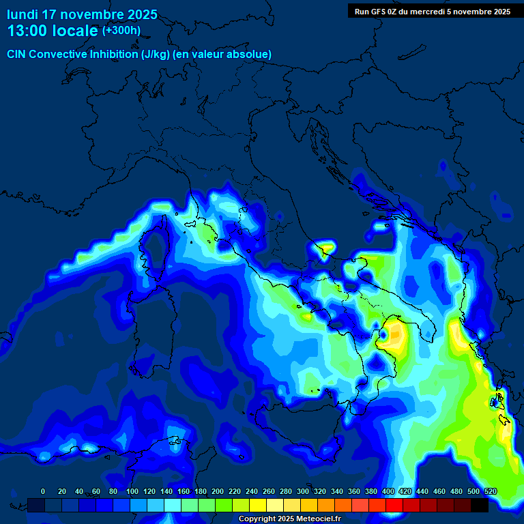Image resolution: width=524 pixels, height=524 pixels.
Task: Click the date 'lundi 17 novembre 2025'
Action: pyautogui.click(x=82, y=14)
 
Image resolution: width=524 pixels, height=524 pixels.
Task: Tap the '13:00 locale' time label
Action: pyautogui.click(x=52, y=31)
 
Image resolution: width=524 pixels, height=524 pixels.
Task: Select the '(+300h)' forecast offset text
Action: pyautogui.click(x=121, y=30)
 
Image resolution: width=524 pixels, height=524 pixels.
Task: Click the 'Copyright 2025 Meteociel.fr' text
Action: pyautogui.click(x=289, y=519)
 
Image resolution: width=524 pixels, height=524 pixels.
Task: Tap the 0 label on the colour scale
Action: pyautogui.click(x=43, y=491)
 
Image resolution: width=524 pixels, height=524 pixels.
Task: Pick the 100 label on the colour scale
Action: pyautogui.click(x=132, y=491)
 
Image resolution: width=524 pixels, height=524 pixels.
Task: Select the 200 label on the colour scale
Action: pyautogui.click(x=218, y=491)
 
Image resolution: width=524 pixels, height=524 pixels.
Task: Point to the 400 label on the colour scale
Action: pyautogui.click(x=388, y=491)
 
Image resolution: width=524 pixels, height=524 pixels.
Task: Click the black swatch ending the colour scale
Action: pyautogui.click(x=480, y=505)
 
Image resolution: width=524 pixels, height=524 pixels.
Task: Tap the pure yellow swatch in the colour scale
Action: pyautogui.click(x=258, y=505)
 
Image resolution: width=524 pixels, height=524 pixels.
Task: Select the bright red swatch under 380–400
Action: pyautogui.click(x=377, y=505)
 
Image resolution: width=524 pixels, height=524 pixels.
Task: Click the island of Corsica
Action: pyautogui.click(x=156, y=246)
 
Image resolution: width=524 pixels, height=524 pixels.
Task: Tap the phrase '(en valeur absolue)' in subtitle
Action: pyautogui.click(x=223, y=54)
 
